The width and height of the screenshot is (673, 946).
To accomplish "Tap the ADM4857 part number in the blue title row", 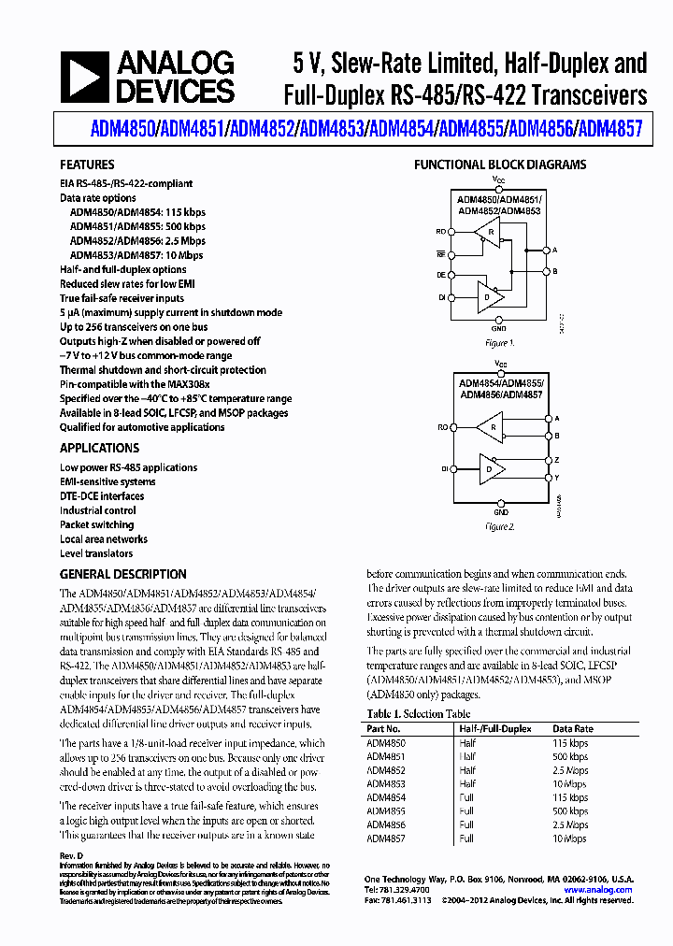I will pyautogui.click(x=610, y=130).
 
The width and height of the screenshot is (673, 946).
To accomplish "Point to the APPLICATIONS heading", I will pyautogui.click(x=99, y=448).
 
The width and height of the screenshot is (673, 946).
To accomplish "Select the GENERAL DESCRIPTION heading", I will pyautogui.click(x=122, y=574).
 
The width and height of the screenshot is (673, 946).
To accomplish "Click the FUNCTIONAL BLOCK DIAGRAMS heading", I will pyautogui.click(x=500, y=165).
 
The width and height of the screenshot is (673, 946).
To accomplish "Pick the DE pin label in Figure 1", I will pyautogui.click(x=441, y=276).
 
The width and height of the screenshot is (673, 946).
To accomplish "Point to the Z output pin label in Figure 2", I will pyautogui.click(x=556, y=460).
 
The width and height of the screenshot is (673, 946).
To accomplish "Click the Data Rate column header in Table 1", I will pyautogui.click(x=573, y=728).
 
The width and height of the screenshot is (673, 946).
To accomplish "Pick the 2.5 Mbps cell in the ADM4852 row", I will pyautogui.click(x=570, y=770).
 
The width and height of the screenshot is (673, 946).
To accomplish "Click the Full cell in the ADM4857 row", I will pyautogui.click(x=467, y=838).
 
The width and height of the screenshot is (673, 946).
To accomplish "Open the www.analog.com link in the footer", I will pyautogui.click(x=598, y=890).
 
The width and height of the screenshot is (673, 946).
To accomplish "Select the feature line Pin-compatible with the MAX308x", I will pyautogui.click(x=135, y=384).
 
